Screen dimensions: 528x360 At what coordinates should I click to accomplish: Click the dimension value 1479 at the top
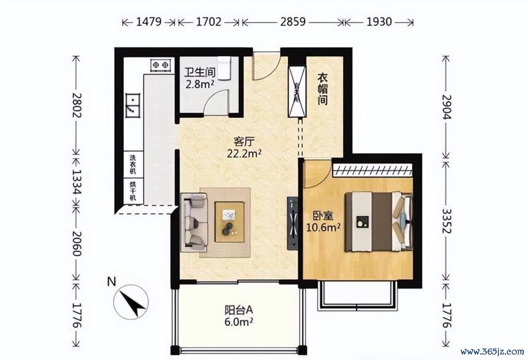click(x=149, y=22)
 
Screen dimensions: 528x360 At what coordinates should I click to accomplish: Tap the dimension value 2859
click(x=293, y=22)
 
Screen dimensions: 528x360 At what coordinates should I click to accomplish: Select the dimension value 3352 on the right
click(x=447, y=221)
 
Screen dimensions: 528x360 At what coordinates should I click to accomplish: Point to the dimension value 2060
click(x=77, y=243)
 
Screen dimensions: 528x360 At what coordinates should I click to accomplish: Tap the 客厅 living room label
click(x=244, y=141)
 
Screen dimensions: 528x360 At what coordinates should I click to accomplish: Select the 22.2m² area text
click(x=244, y=153)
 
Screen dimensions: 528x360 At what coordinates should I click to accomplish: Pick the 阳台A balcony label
click(x=238, y=309)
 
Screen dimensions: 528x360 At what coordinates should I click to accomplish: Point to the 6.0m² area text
click(x=239, y=322)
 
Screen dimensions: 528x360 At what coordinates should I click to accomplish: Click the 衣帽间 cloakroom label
click(x=323, y=89)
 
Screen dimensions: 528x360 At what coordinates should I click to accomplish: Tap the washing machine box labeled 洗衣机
click(x=133, y=164)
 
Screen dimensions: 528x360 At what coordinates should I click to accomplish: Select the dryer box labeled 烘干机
click(x=133, y=191)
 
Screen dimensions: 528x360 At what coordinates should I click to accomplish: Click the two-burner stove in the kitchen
click(x=160, y=65)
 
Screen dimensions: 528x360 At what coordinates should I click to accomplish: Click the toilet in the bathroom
click(x=224, y=68)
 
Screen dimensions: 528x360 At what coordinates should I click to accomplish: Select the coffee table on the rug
click(x=230, y=221)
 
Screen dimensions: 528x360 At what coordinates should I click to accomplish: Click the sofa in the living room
click(x=194, y=222)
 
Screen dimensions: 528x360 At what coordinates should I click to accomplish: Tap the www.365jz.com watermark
click(x=492, y=352)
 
